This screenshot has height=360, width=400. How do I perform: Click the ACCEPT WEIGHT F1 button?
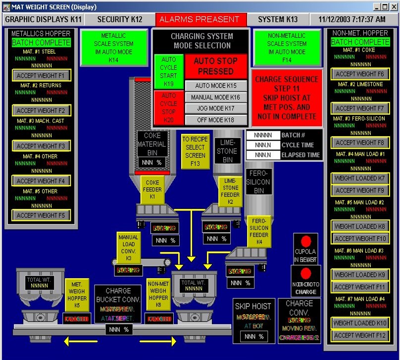coord(41,76)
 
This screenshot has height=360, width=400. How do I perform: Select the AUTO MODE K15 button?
coord(216,86)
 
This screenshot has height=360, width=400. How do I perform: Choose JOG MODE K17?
coord(216,108)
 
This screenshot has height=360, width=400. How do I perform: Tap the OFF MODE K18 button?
coord(216,120)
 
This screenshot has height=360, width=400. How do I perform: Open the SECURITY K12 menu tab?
coord(119,19)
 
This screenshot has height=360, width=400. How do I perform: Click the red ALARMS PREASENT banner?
coord(200,19)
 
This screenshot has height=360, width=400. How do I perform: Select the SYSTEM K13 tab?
coord(278,19)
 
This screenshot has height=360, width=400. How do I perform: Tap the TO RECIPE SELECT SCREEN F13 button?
coord(195,151)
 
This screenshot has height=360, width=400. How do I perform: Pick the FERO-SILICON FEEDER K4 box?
coord(259,231)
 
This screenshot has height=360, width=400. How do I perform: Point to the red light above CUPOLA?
coord(306,241)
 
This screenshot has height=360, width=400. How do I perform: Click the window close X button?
coord(392,7)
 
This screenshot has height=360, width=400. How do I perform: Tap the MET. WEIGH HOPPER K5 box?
coord(77,295)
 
